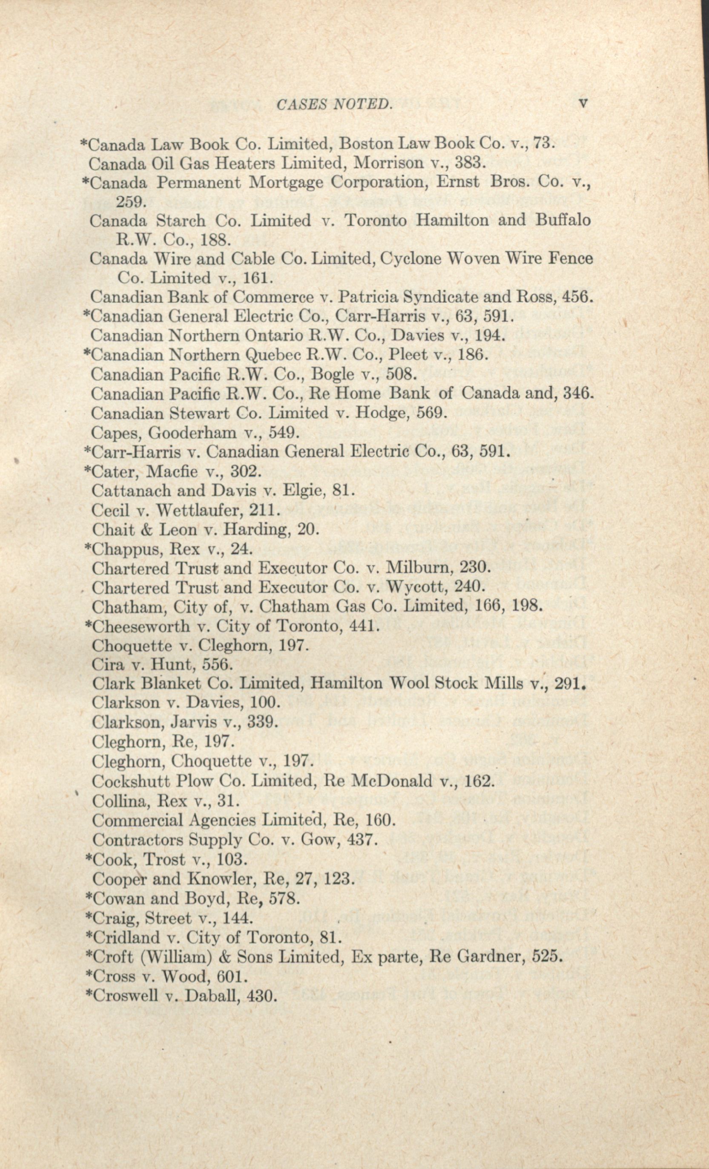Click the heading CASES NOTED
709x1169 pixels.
(334, 104)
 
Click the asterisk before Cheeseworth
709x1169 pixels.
(87, 625)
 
